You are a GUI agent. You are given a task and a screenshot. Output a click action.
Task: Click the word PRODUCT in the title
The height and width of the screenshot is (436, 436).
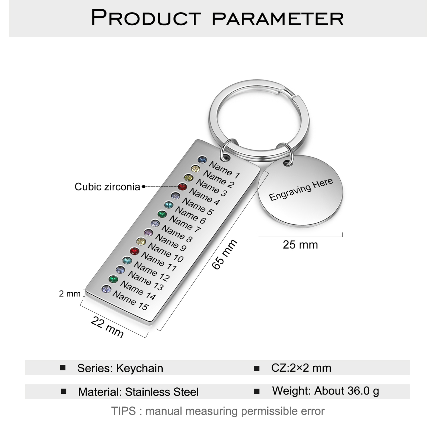tap(146, 18)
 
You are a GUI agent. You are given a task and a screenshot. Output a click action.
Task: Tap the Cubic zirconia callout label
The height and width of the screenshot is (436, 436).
tap(107, 187)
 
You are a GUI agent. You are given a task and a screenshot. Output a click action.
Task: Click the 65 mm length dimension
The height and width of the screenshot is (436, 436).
tap(224, 254)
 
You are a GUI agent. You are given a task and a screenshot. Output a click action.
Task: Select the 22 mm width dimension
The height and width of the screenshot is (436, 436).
tap(107, 327)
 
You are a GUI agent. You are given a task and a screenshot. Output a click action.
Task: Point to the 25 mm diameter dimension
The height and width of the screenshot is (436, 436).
tap(300, 245)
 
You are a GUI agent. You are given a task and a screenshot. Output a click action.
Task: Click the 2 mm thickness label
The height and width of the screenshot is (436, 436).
tap(70, 294)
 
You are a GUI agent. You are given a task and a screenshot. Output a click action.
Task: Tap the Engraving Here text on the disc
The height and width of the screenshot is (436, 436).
tap(301, 189)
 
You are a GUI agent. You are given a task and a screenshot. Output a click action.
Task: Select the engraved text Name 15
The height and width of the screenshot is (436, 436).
tap(131, 300)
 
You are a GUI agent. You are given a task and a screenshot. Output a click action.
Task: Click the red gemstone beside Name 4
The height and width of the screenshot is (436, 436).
tap(182, 187)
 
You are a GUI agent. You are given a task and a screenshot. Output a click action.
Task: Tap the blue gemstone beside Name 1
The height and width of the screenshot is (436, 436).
tap(202, 160)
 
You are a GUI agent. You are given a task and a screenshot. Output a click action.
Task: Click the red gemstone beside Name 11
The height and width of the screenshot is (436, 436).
tap(134, 251)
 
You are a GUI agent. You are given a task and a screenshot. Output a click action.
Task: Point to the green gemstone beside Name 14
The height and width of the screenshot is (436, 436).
tap(113, 279)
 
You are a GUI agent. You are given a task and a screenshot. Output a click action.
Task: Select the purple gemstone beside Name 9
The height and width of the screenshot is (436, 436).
tap(148, 232)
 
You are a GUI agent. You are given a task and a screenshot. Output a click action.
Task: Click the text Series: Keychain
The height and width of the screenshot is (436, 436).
tap(120, 368)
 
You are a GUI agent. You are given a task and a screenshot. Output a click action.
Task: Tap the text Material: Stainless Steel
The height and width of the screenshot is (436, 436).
tap(138, 392)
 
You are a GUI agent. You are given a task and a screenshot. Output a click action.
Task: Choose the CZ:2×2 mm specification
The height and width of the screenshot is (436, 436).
tap(301, 368)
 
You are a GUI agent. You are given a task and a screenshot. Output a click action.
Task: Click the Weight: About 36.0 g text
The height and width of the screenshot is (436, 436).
tap(325, 391)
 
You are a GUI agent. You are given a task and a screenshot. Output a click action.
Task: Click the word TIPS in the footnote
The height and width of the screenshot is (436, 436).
tap(123, 411)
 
